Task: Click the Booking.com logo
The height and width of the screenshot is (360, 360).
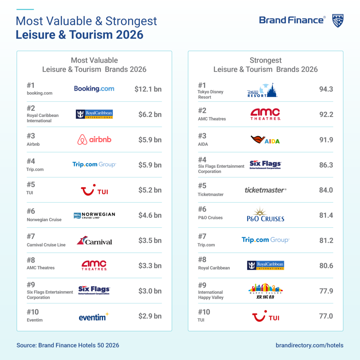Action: pos(94,89)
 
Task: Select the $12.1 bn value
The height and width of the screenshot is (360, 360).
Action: pos(148,89)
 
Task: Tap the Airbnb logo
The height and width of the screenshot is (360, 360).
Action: pos(94,140)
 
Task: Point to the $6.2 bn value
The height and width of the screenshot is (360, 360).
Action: pos(150,114)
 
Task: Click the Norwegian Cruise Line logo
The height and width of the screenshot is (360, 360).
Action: pos(94,216)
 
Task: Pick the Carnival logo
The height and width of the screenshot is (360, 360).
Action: pos(94,240)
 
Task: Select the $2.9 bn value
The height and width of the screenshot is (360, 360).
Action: pos(150,316)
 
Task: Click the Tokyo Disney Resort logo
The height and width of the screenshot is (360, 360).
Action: pos(262,90)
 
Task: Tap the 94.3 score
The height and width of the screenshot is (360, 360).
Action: pos(326,89)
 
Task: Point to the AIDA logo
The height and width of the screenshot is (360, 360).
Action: pos(265,140)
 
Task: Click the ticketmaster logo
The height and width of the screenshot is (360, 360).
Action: pos(265,190)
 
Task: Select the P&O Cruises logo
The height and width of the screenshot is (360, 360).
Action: pos(265,214)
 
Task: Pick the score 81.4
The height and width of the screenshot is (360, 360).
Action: pos(326,216)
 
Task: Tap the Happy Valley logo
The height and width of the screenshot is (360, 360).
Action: pos(265,291)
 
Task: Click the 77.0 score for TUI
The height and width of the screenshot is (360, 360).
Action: pos(326,316)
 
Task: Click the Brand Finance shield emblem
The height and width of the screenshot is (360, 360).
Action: pos(338,21)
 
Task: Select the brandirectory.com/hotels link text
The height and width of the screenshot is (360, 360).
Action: pos(309,345)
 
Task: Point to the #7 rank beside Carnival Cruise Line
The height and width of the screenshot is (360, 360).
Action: pos(31,237)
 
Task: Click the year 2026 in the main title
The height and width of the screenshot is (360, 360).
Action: pos(130,35)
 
